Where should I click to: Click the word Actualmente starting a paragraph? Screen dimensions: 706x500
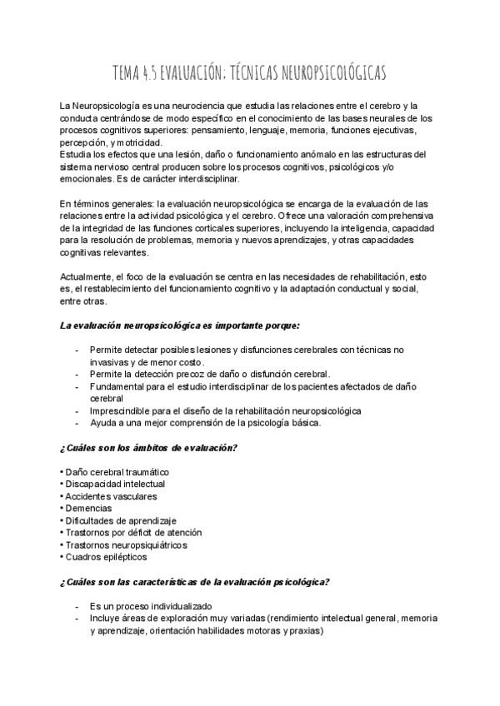pos(87,276)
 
